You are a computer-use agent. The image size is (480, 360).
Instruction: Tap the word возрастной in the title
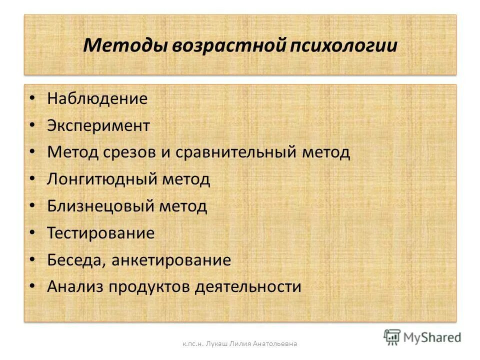pyautogui.click(x=229, y=45)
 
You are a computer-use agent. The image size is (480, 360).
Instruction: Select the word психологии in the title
pyautogui.click(x=344, y=45)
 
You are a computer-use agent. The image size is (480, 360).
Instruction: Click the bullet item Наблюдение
pyautogui.click(x=97, y=98)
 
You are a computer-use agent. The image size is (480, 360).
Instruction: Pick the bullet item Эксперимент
pyautogui.click(x=98, y=125)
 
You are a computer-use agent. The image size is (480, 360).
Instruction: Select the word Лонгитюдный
pyautogui.click(x=101, y=179)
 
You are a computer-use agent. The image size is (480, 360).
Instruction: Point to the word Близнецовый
pyautogui.click(x=100, y=206)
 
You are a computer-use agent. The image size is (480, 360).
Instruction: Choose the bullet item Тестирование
pyautogui.click(x=101, y=233)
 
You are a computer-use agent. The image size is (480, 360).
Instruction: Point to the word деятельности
pyautogui.click(x=248, y=287)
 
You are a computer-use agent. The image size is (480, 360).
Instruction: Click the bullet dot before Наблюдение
pyautogui.click(x=32, y=98)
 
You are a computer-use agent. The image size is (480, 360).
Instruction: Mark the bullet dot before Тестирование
pyautogui.click(x=32, y=233)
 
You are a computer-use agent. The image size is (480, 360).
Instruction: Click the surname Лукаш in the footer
pyautogui.click(x=211, y=343)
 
